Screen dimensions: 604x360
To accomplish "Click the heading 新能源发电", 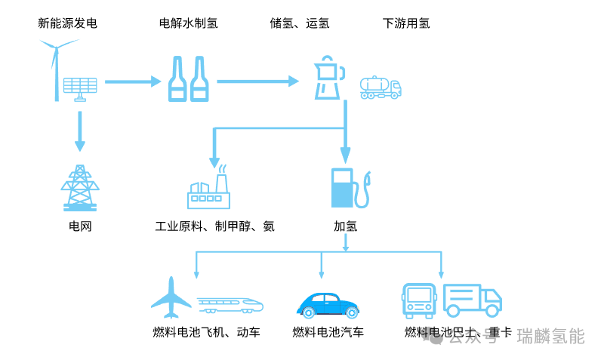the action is coord(67,23).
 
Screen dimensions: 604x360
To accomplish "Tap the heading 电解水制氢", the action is coord(189,23).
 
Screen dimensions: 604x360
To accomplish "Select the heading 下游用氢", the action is coord(406,23).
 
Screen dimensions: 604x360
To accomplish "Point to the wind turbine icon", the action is coord(57,69).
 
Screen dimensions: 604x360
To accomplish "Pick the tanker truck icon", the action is coord(381,88).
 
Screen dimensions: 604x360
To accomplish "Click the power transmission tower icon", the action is coord(80,188).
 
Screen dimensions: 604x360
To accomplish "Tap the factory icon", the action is coord(209,188).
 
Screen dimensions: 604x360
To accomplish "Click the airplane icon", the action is coord(171,297).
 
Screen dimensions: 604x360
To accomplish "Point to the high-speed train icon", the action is coord(230,305).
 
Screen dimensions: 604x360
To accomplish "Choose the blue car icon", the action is coord(328,306).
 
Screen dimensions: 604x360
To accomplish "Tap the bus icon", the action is coord(419,300).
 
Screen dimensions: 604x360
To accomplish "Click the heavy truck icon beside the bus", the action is coord(473,300).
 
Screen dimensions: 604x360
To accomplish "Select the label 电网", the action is coord(80,226).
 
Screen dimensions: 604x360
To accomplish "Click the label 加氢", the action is coord(346,226).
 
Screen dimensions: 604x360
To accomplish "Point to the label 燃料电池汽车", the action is coord(328,332).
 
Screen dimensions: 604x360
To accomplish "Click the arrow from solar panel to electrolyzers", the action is coord(133,82).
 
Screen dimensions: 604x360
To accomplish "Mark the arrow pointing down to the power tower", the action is coord(80,131).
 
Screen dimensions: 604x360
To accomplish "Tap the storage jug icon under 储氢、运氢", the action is coord(329,78).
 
